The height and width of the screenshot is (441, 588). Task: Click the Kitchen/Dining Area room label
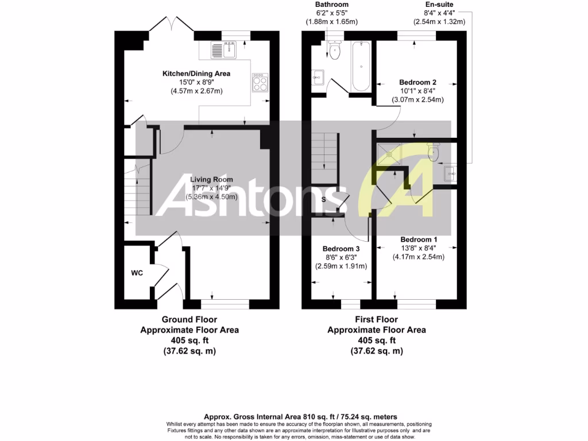click(x=196, y=73)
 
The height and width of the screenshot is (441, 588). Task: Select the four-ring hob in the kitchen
click(x=260, y=82)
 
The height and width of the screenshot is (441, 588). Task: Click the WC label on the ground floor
click(x=137, y=273)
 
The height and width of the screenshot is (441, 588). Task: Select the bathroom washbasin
click(x=318, y=75)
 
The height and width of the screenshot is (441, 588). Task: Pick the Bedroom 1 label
click(x=419, y=239)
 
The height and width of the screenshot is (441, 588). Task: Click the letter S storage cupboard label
click(x=324, y=200)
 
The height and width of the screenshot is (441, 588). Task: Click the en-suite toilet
click(x=433, y=152)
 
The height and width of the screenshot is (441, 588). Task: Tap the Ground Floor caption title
click(x=189, y=319)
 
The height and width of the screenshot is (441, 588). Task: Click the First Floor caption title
click(x=376, y=319)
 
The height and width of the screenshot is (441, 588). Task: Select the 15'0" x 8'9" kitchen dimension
click(x=196, y=82)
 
